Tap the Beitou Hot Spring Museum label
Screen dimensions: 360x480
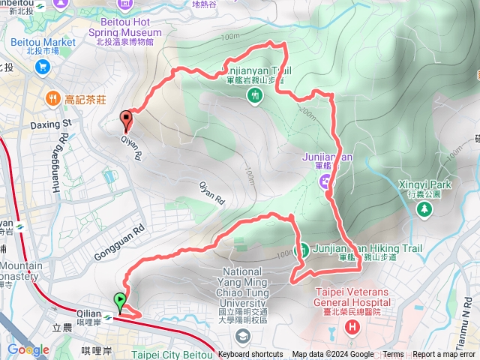pyautogui.click(x=129, y=28)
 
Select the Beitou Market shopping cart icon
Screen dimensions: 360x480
pyautogui.click(x=42, y=67)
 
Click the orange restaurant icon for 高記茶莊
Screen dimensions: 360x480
pyautogui.click(x=52, y=97)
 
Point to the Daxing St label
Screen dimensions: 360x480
pyautogui.click(x=50, y=121)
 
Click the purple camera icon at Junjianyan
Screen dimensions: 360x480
pyautogui.click(x=326, y=181)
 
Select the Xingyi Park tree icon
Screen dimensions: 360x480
pyautogui.click(x=424, y=208)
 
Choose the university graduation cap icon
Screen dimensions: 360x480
pyautogui.click(x=242, y=334)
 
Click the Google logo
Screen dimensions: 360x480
pyautogui.click(x=28, y=349)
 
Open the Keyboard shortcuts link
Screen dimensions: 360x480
pyautogui.click(x=251, y=355)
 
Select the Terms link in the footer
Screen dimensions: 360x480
pyautogui.click(x=393, y=355)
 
